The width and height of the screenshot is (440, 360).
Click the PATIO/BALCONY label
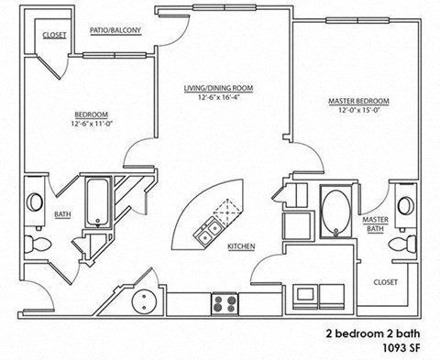(x=115, y=31)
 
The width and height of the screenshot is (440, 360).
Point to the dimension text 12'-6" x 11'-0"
(x=92, y=125)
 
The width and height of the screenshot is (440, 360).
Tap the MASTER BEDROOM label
(x=358, y=101)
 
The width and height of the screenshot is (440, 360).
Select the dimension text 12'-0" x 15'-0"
(x=358, y=111)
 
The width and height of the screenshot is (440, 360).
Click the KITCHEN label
(x=241, y=247)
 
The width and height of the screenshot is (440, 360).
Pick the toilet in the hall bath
(x=38, y=245)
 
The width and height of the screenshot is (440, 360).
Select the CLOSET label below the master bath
(x=386, y=283)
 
